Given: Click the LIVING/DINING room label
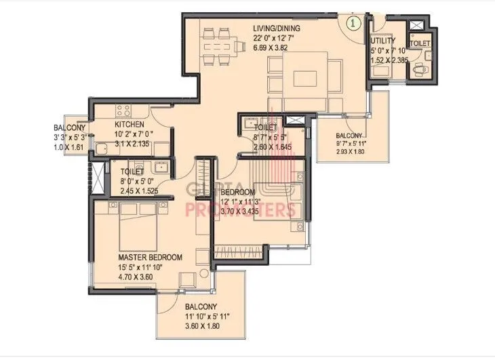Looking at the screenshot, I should click(276, 28).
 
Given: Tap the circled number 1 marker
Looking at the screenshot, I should click(353, 22).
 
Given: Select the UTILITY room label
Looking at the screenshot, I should click(384, 41).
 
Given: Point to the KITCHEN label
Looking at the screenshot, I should click(128, 125).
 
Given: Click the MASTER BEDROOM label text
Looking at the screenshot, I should click(150, 258).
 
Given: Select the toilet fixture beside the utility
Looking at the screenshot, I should click(422, 69).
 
